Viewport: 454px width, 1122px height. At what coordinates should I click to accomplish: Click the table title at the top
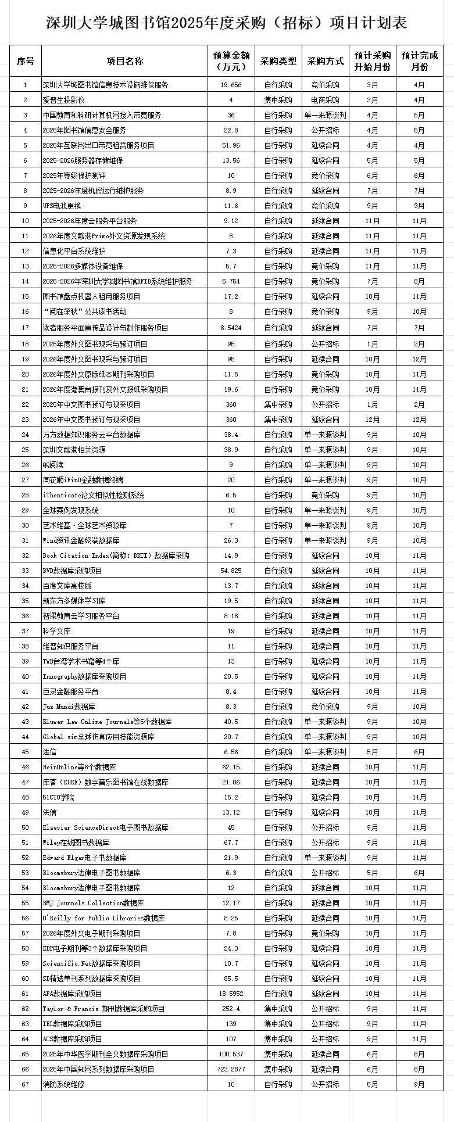(227, 23)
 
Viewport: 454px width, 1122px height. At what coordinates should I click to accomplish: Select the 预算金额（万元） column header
(231, 61)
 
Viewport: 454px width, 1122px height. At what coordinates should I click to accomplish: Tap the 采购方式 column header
(325, 61)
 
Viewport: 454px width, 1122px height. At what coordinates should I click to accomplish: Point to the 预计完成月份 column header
(419, 61)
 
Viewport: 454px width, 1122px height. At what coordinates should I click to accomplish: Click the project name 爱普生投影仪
(63, 100)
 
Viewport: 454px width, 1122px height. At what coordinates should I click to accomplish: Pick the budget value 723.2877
(231, 1069)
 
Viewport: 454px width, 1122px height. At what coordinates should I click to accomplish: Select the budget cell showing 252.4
(231, 1009)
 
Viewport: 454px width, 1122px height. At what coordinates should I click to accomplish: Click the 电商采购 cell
(325, 100)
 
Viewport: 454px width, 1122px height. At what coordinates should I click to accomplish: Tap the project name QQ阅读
(53, 465)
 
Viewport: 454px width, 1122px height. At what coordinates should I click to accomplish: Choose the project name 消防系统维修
(63, 1084)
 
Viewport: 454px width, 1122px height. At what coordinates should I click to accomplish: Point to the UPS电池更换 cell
(62, 206)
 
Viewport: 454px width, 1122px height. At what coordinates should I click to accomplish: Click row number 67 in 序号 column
(25, 1084)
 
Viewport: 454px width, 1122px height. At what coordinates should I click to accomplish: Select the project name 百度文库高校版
(67, 586)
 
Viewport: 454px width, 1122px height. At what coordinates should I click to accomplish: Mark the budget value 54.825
(231, 571)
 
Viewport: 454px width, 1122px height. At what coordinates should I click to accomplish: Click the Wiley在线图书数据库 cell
(76, 843)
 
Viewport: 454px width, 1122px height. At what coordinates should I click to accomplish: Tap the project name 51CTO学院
(58, 797)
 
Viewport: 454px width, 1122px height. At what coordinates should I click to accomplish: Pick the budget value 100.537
(231, 1054)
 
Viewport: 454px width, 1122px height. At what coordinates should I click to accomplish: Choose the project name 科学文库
(56, 631)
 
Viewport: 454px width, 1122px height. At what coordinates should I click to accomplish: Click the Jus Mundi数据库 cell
(69, 707)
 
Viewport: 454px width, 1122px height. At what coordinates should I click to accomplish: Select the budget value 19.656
(231, 85)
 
